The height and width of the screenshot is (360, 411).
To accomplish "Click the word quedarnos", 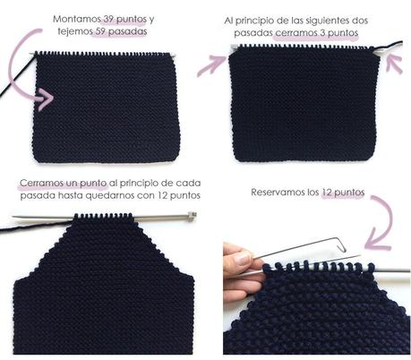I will (x=120, y=194).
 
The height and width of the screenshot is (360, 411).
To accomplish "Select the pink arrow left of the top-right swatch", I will (x=215, y=62).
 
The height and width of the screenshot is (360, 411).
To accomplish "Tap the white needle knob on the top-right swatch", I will (x=379, y=53).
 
